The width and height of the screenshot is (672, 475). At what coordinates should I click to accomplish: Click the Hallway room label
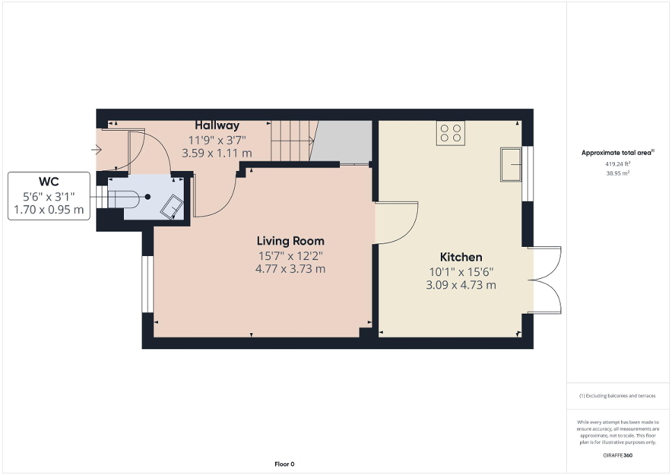click(x=217, y=126)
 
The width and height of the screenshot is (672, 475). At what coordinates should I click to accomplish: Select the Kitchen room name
click(x=460, y=257)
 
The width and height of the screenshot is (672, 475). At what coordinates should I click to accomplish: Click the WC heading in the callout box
click(x=48, y=182)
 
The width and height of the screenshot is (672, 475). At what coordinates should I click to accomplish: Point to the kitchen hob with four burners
click(x=450, y=132)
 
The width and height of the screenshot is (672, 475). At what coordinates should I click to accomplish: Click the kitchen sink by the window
click(x=511, y=165)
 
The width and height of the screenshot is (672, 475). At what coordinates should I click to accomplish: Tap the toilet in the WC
click(x=132, y=197)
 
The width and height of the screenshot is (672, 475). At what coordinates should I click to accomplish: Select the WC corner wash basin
click(x=172, y=207)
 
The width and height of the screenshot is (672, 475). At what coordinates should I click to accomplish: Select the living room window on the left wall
click(x=147, y=284)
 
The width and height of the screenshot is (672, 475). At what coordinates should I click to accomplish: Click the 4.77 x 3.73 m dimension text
click(x=290, y=269)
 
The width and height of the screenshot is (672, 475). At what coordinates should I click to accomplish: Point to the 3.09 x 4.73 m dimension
click(x=460, y=285)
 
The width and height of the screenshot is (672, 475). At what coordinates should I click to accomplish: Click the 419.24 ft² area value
click(x=618, y=164)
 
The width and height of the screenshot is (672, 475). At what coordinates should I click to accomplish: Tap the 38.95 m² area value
click(x=618, y=173)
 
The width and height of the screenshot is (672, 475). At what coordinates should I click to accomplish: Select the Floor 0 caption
click(x=283, y=464)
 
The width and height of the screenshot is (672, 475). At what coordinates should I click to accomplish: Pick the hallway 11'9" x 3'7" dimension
click(x=217, y=140)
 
